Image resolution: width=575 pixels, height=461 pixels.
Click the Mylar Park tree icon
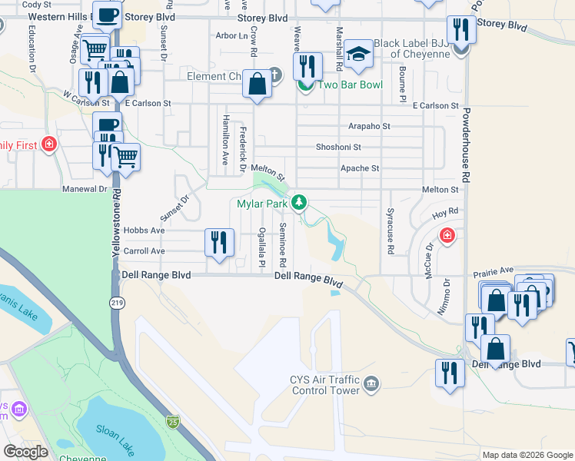[300, 203]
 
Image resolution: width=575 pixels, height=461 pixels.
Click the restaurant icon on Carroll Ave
[219, 244]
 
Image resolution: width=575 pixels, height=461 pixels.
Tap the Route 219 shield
[117, 303]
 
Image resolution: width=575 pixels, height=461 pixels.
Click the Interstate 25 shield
[173, 421]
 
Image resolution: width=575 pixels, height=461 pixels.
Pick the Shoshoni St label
[338, 147]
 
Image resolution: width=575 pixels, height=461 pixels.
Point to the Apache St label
[360, 168]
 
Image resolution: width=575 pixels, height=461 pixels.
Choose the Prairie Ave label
[495, 270]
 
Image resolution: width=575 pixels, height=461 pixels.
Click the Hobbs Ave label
[145, 230]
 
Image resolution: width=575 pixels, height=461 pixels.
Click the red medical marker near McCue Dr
[446, 234]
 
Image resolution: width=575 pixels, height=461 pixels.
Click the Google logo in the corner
[25, 451]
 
